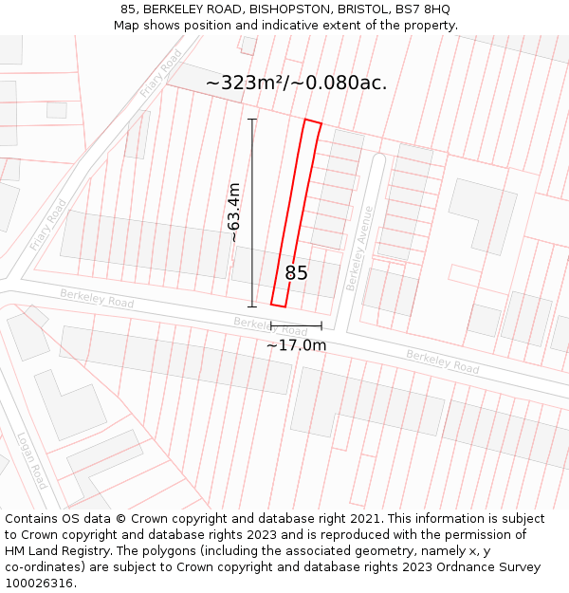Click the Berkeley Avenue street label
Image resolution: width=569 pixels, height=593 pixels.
tap(360, 249)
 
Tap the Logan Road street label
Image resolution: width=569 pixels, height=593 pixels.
tap(32, 460)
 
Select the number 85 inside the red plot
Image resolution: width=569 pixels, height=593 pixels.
tap(296, 273)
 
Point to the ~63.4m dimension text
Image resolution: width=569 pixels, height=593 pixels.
tap(234, 213)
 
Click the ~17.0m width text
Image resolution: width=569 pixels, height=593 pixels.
tap(296, 345)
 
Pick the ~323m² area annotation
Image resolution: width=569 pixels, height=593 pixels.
tap(296, 83)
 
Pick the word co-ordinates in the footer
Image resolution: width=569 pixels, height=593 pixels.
tap(43, 567)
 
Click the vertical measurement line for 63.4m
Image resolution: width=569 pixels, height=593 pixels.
tap(252, 213)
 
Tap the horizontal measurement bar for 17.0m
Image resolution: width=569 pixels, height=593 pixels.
tap(296, 326)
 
